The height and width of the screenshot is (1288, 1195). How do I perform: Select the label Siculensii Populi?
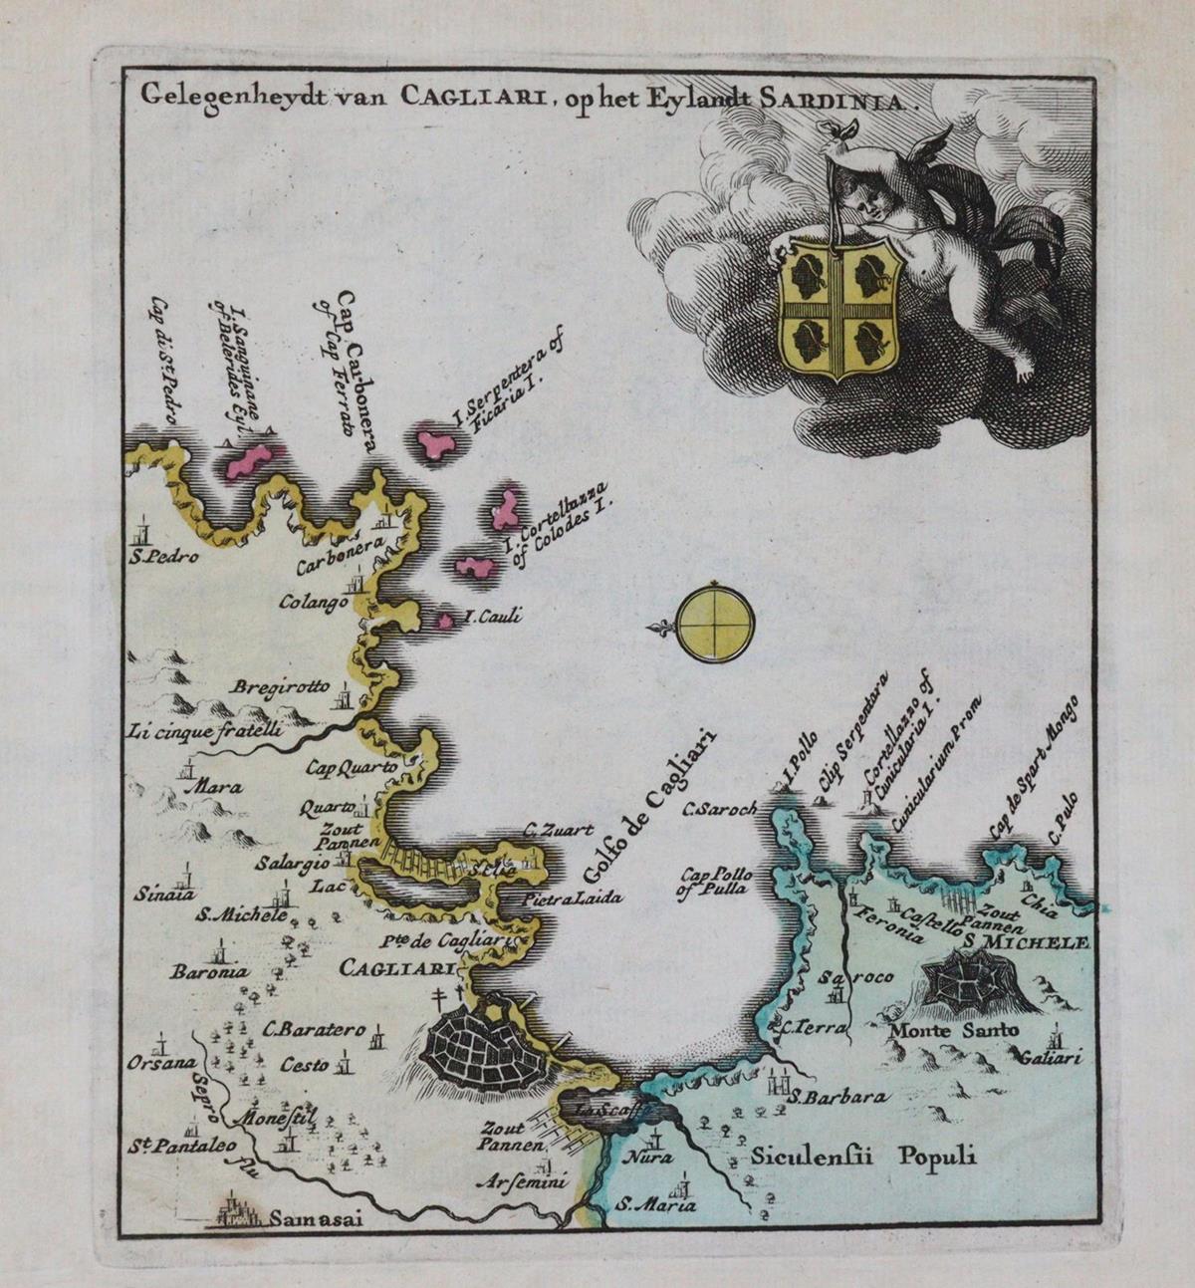[x=863, y=1157]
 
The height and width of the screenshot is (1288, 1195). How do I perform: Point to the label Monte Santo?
[x=954, y=1031]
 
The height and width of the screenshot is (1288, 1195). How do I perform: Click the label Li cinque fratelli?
[x=204, y=730]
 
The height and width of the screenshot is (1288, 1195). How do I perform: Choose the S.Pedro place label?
[x=163, y=556]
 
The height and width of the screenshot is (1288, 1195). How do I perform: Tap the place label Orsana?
[x=161, y=1062]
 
